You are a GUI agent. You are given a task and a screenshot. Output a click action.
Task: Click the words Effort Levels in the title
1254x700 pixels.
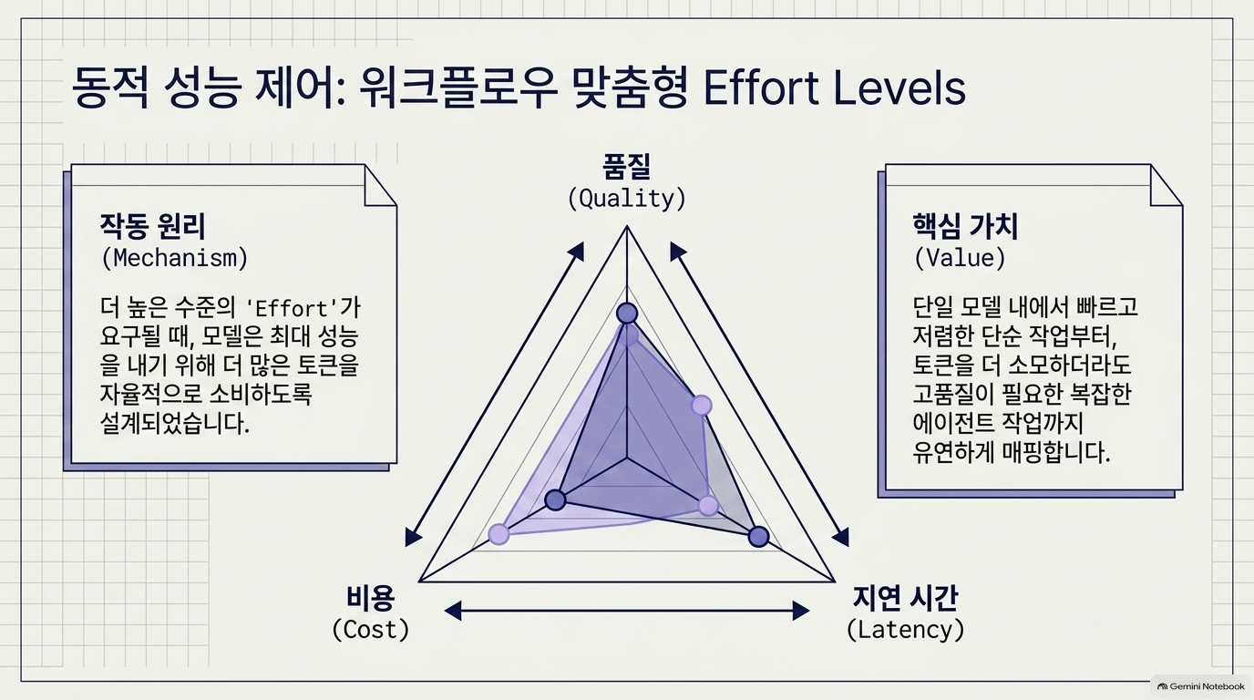tap(834, 87)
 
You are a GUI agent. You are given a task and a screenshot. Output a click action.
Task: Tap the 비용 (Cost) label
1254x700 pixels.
tap(371, 613)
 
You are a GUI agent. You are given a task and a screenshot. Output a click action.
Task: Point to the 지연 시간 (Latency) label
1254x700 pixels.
tap(906, 613)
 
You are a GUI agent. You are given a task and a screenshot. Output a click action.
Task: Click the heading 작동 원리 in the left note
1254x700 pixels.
tap(153, 226)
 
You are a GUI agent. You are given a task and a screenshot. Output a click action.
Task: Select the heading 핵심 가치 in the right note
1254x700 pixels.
tap(966, 226)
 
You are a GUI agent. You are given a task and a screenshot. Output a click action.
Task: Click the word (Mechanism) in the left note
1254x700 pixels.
tap(175, 258)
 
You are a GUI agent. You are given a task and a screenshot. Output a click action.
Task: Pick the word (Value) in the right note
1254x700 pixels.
tap(960, 258)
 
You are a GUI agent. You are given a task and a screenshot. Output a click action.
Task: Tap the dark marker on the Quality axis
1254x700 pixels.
tap(627, 314)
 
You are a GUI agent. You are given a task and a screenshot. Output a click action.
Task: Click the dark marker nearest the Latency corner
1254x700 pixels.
tap(759, 537)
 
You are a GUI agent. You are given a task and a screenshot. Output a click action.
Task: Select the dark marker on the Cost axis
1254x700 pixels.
tap(555, 499)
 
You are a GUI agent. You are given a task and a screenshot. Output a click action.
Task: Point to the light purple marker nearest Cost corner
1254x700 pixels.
tap(499, 534)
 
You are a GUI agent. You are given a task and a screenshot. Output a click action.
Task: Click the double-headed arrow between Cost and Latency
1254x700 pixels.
tap(627, 611)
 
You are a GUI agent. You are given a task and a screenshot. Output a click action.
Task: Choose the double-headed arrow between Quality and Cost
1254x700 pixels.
tap(494, 394)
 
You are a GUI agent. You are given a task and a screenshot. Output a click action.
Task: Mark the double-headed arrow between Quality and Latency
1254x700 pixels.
tap(760, 394)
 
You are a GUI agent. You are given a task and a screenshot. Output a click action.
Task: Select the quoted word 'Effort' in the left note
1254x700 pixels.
tap(293, 309)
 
